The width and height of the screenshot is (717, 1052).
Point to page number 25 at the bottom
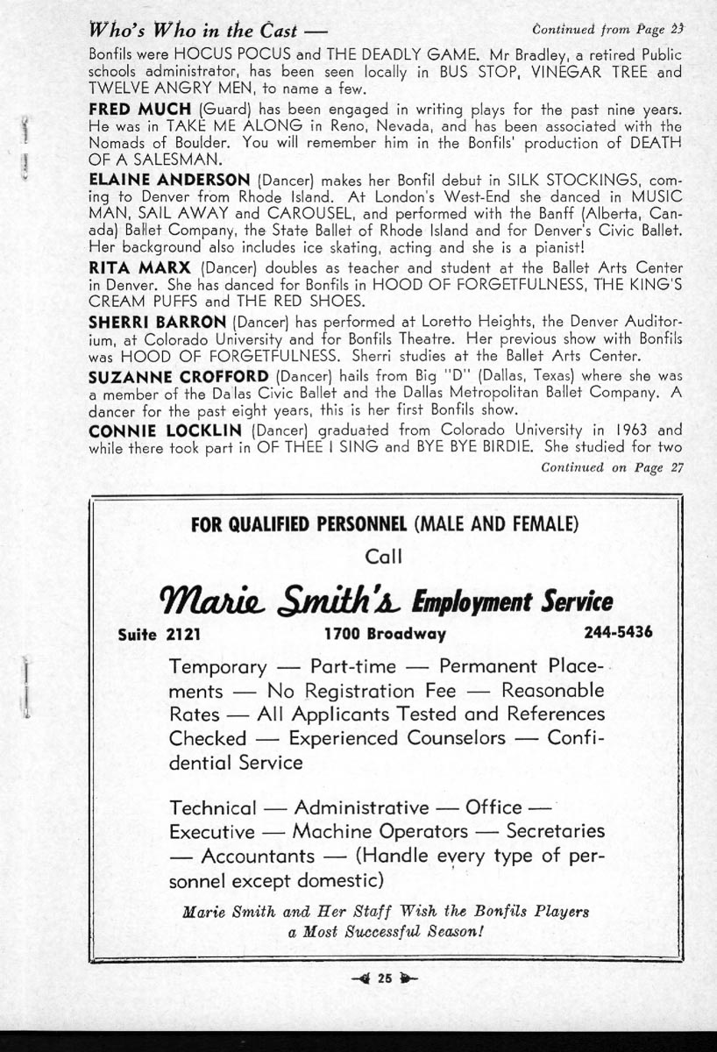[x=383, y=980]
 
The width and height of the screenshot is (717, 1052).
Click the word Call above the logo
[x=383, y=556]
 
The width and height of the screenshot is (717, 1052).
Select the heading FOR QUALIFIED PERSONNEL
[x=298, y=525]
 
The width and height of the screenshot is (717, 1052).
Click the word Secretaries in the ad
[x=556, y=830]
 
